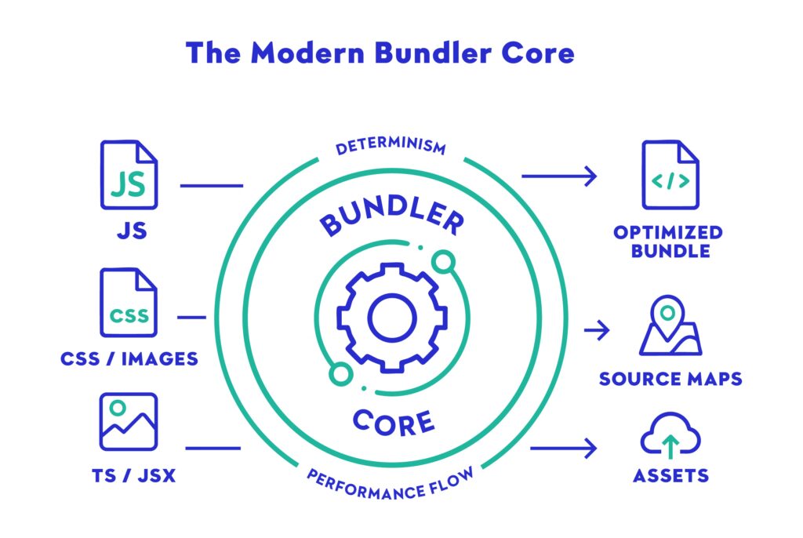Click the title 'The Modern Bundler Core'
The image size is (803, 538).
(x=380, y=53)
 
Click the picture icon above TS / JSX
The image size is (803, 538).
(x=129, y=422)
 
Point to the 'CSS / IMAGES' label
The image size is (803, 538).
(x=129, y=359)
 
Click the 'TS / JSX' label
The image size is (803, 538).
(x=129, y=475)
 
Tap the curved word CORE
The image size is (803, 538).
(x=393, y=421)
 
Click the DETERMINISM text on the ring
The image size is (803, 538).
(x=391, y=147)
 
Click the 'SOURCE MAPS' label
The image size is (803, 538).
(x=670, y=379)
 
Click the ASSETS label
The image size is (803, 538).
(x=670, y=475)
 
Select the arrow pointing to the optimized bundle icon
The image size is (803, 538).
(x=559, y=176)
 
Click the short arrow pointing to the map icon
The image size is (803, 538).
(x=597, y=330)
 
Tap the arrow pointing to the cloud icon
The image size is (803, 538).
(x=563, y=449)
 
